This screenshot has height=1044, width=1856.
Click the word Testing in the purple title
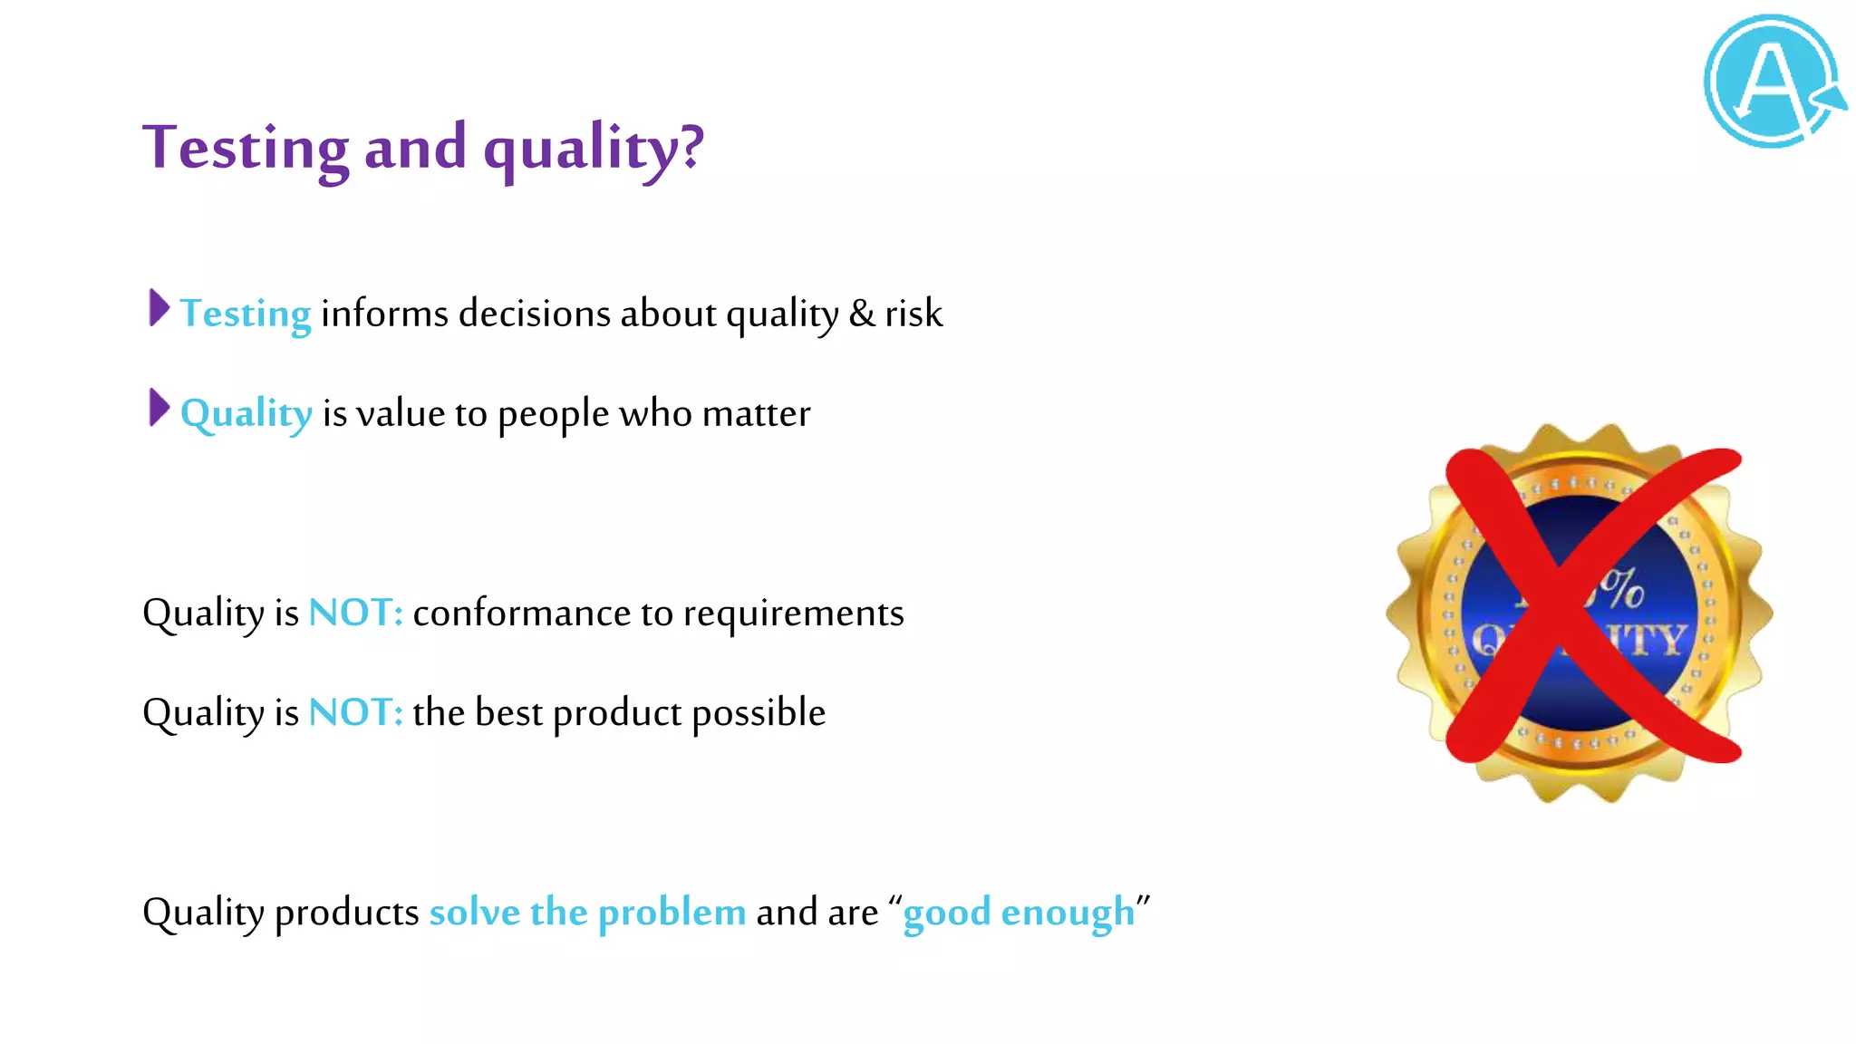[x=245, y=147]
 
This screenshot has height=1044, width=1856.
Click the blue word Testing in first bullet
[x=246, y=314]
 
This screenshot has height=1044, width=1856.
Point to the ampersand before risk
[x=862, y=314]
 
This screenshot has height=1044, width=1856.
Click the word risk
[x=913, y=314]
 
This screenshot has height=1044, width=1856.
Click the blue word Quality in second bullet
[x=246, y=414]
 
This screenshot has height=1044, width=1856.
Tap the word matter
[x=756, y=414]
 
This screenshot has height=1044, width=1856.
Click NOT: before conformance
[x=355, y=613]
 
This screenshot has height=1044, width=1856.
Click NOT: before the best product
[x=355, y=712]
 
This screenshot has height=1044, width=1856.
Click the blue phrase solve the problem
[x=587, y=912]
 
